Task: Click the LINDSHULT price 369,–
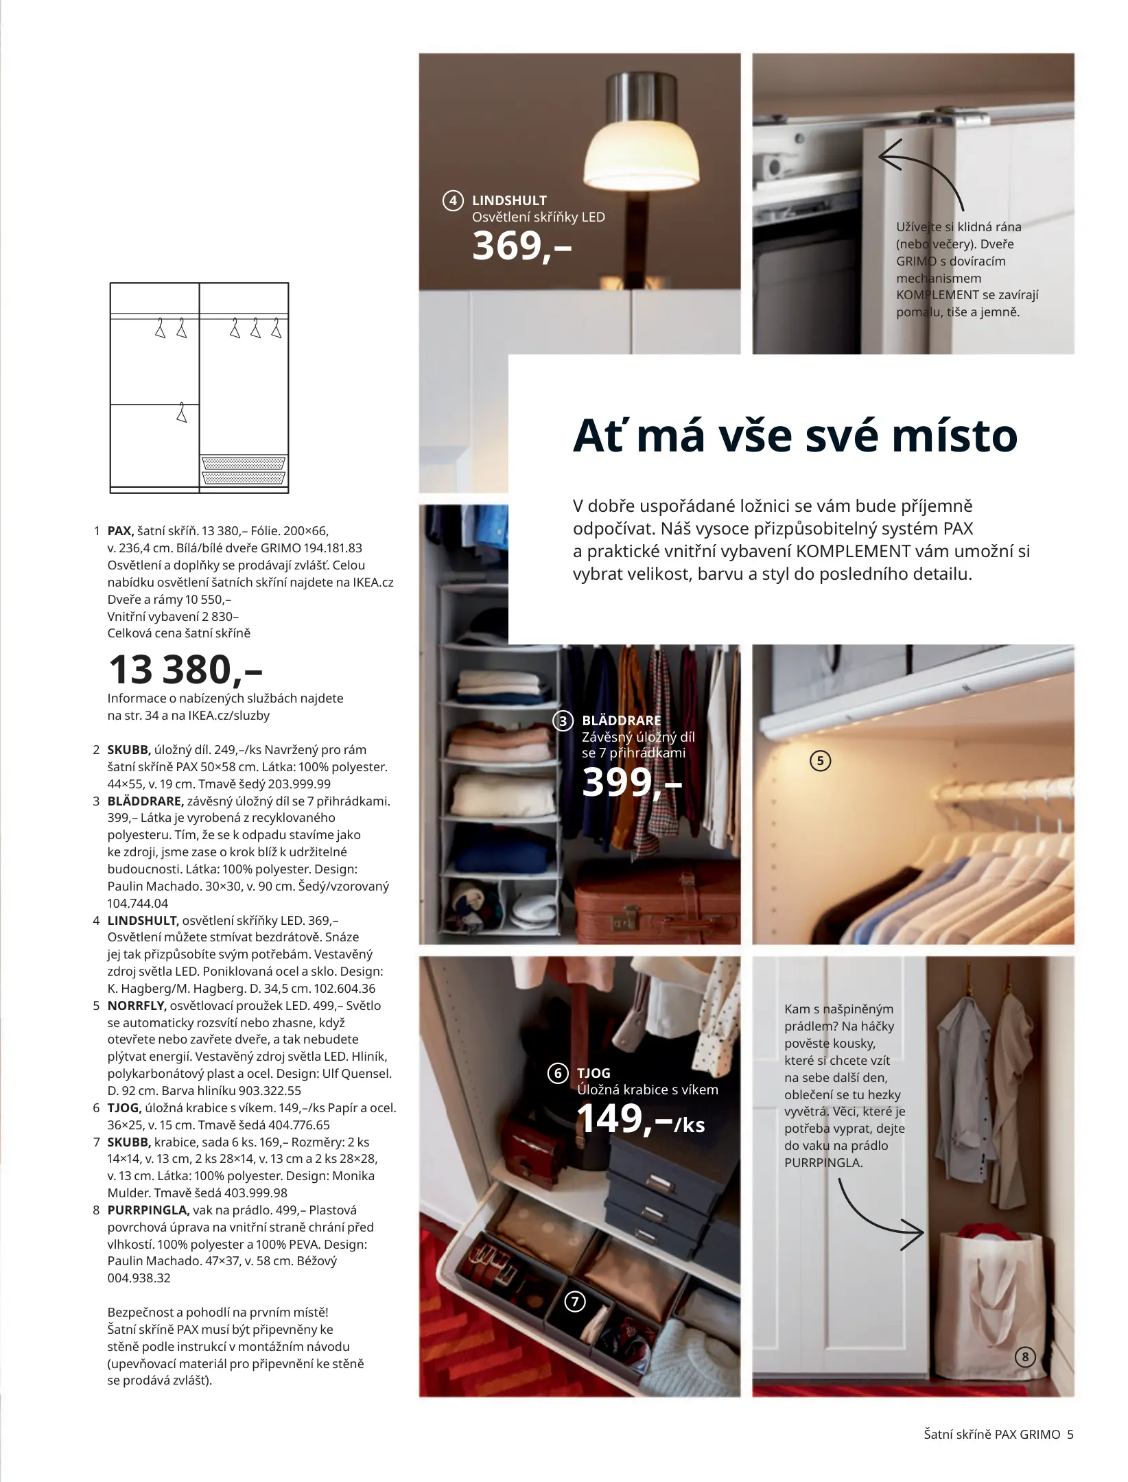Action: [x=521, y=246]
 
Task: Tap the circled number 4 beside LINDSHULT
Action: [x=452, y=201]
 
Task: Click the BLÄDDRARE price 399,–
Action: [x=631, y=782]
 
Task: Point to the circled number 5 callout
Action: [x=820, y=761]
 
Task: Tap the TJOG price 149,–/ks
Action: [x=640, y=1118]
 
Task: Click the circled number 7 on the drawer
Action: [x=575, y=1302]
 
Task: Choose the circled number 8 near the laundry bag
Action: [x=1025, y=1356]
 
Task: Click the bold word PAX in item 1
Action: [x=120, y=531]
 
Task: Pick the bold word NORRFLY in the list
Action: [x=137, y=1006]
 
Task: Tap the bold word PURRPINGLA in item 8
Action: [x=148, y=1210]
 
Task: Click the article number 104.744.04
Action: [x=137, y=904]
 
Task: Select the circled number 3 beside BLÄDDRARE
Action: [x=563, y=721]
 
